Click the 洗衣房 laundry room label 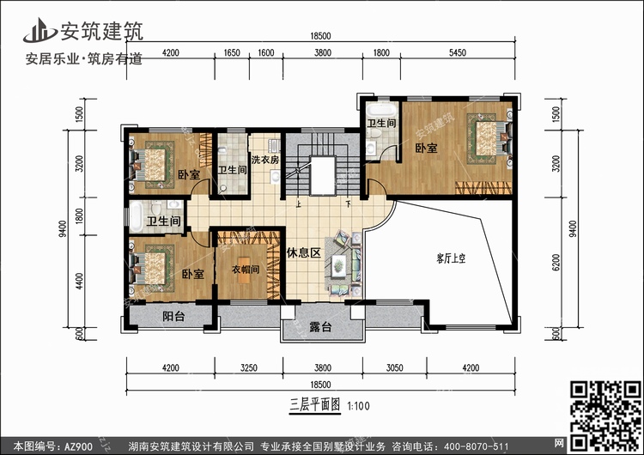[265, 160]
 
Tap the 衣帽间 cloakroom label [246, 270]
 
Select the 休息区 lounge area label [303, 252]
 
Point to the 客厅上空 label [451, 258]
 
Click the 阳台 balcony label [173, 316]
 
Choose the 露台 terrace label [320, 327]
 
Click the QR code [605, 416]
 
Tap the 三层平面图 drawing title [315, 405]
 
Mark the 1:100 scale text [358, 406]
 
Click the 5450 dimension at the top [457, 52]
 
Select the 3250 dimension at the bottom [248, 367]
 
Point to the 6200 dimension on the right [556, 262]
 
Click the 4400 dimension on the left [79, 282]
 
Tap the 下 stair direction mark [348, 203]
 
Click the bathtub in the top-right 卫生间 [381, 109]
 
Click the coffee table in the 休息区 [339, 264]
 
